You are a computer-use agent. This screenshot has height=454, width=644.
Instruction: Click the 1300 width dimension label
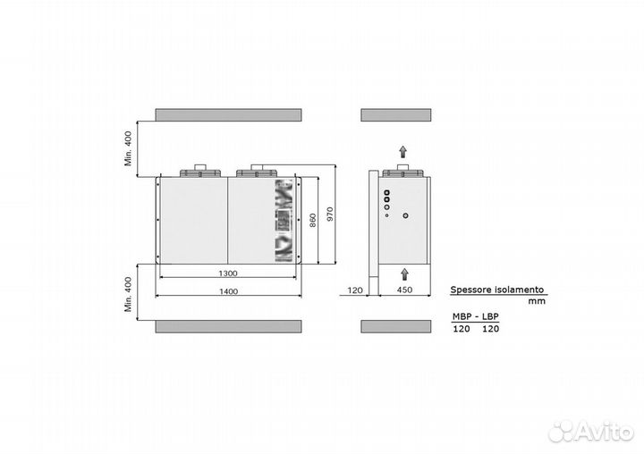coord(228,273)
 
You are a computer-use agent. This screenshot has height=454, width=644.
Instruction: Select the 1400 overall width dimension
coord(228,291)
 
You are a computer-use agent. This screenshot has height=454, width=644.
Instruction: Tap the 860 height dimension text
coord(313,221)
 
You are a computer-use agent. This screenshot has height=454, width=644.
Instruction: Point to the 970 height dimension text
coord(330,214)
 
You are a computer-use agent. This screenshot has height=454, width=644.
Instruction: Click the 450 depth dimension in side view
coord(404,290)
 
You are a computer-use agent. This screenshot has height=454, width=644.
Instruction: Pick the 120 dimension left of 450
coord(355,290)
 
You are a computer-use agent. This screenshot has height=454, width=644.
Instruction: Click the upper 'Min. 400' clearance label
coord(129,148)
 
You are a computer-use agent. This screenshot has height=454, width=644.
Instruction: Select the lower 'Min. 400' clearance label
coord(129,294)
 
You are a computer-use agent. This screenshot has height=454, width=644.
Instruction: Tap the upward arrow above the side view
coord(403,152)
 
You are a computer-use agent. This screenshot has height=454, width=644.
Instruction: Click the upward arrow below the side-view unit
coord(405,274)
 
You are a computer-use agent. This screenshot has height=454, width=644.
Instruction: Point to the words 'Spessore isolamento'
coord(497,290)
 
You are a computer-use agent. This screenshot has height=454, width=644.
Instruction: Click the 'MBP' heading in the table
coord(462,316)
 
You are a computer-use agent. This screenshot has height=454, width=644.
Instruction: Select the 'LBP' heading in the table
coord(490,316)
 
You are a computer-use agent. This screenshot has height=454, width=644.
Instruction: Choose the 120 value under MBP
coord(462,329)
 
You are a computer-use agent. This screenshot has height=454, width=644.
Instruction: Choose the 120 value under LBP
coord(491,329)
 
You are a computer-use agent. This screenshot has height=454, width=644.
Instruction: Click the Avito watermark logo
coord(591,431)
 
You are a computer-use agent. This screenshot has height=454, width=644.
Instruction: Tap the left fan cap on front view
coord(200,172)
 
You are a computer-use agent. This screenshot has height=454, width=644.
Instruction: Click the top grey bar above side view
coord(396,115)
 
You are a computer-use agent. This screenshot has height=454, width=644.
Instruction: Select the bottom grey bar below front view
coord(228,327)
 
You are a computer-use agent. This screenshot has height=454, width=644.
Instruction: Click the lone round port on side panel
coord(405,215)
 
